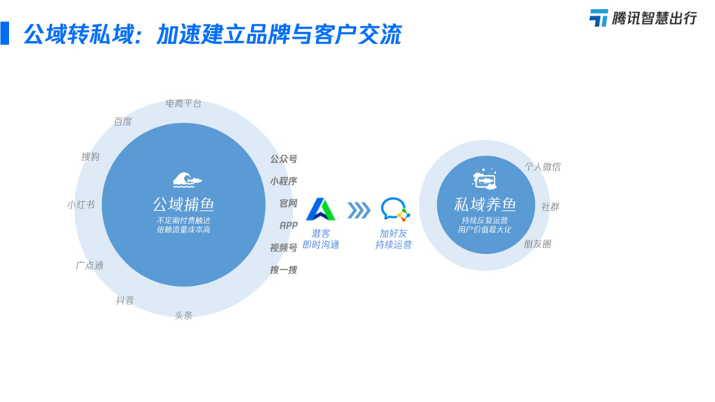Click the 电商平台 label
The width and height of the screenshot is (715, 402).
pyautogui.click(x=183, y=104)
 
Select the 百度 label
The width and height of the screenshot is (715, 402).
pyautogui.click(x=123, y=121)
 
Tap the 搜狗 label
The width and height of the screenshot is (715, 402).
pyautogui.click(x=90, y=157)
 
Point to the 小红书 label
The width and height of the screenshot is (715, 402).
pyautogui.click(x=80, y=205)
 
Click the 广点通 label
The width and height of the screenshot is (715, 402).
pyautogui.click(x=89, y=265)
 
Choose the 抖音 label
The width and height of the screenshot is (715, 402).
pyautogui.click(x=125, y=300)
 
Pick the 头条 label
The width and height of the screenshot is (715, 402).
pyautogui.click(x=183, y=316)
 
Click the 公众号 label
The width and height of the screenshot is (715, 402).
pyautogui.click(x=284, y=159)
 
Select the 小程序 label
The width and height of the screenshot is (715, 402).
pyautogui.click(x=284, y=182)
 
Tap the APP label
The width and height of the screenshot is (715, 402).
pyautogui.click(x=289, y=226)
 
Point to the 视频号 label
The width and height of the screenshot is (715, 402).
pyautogui.click(x=284, y=248)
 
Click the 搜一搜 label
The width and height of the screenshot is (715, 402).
pyautogui.click(x=284, y=270)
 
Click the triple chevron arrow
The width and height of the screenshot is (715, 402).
pyautogui.click(x=359, y=211)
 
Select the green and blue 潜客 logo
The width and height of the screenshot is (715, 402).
pyautogui.click(x=321, y=210)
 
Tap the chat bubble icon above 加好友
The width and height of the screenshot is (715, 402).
pyautogui.click(x=395, y=210)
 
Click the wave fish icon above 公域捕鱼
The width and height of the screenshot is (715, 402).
pyautogui.click(x=187, y=180)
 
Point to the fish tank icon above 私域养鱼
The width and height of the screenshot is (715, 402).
pyautogui.click(x=484, y=179)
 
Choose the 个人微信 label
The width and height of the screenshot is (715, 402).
pyautogui.click(x=543, y=167)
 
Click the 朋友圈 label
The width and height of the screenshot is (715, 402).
pyautogui.click(x=538, y=244)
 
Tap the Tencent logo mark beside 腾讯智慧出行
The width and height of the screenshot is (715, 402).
pyautogui.click(x=599, y=18)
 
